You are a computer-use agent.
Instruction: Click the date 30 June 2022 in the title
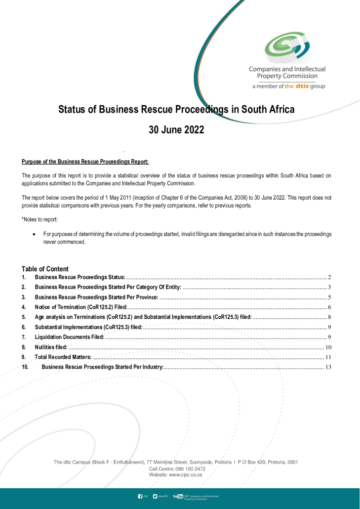(x=176, y=130)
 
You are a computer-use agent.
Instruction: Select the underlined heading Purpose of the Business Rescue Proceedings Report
(x=85, y=162)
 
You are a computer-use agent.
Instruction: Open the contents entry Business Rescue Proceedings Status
(x=80, y=278)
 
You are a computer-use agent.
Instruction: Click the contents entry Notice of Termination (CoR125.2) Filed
(x=81, y=307)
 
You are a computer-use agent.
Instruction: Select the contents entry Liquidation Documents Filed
(x=69, y=337)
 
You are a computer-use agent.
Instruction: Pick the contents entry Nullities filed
(x=51, y=347)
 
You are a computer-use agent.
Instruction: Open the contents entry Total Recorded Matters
(x=63, y=357)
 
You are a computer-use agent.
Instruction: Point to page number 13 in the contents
(x=328, y=367)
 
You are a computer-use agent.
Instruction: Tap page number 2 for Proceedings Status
(x=329, y=278)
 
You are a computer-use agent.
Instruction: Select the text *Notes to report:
(x=39, y=218)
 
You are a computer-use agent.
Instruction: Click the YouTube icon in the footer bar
(x=177, y=496)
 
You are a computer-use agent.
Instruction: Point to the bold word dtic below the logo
(x=302, y=86)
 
